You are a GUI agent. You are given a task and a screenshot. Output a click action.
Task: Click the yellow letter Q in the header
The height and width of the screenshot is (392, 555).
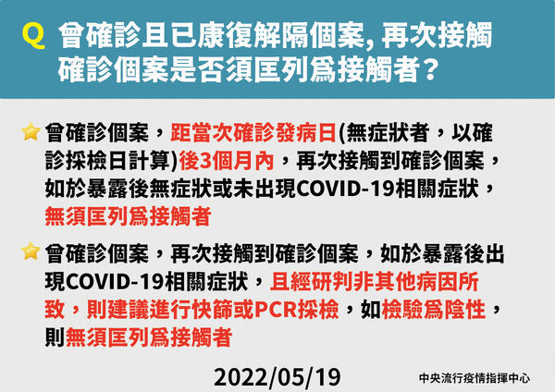tap(33, 37)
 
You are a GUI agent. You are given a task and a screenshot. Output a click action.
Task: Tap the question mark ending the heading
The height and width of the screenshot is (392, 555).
tap(428, 69)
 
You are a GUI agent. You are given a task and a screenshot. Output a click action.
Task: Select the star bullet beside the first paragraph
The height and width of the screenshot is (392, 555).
tap(31, 131)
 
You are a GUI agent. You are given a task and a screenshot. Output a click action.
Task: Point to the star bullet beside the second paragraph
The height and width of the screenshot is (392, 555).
tap(31, 251)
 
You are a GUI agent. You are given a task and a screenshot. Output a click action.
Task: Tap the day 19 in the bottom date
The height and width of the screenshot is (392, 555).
tap(327, 377)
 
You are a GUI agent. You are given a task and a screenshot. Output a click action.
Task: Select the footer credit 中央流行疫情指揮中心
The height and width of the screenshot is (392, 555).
tap(475, 378)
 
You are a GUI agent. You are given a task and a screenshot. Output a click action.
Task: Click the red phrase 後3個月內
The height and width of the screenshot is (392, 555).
tap(227, 161)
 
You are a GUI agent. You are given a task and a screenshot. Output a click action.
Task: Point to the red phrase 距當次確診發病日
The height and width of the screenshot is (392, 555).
tap(253, 133)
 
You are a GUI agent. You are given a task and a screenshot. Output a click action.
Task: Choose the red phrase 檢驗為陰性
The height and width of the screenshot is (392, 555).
tap(433, 310)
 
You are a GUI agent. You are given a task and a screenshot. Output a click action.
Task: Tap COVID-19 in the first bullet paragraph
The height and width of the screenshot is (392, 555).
tap(345, 189)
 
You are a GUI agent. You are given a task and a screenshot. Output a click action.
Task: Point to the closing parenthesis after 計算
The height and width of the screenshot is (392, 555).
tap(175, 161)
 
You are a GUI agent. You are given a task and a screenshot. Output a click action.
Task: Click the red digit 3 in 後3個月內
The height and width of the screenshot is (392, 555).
tap(205, 162)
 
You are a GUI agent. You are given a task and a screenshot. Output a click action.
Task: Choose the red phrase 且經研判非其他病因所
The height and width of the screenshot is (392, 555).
tap(375, 282)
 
